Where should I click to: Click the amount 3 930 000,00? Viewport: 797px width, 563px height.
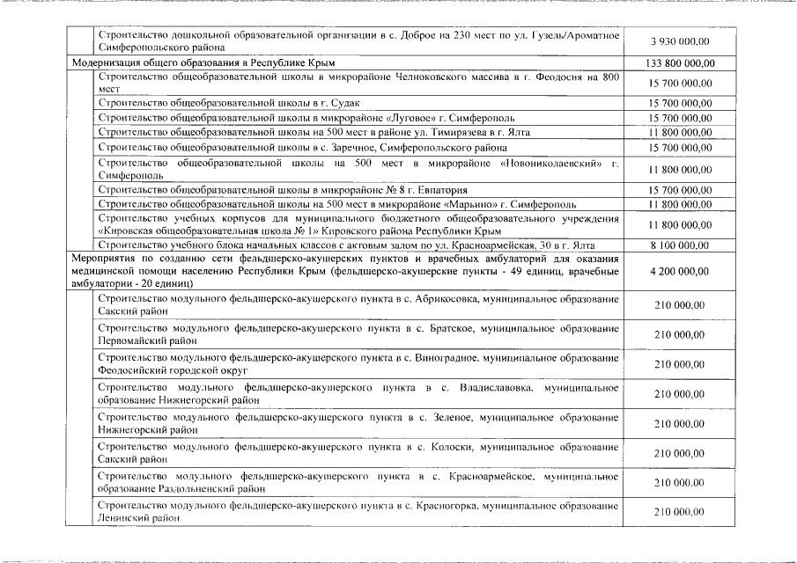click(680, 40)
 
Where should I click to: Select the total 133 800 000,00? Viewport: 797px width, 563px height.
click(680, 63)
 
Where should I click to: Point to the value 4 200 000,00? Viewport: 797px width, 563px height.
click(680, 273)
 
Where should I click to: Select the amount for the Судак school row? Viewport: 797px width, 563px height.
click(680, 103)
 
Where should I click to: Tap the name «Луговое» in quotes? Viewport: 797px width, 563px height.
click(410, 118)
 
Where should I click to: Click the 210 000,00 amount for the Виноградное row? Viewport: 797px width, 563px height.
click(680, 364)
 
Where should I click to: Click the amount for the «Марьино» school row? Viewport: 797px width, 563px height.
click(680, 204)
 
